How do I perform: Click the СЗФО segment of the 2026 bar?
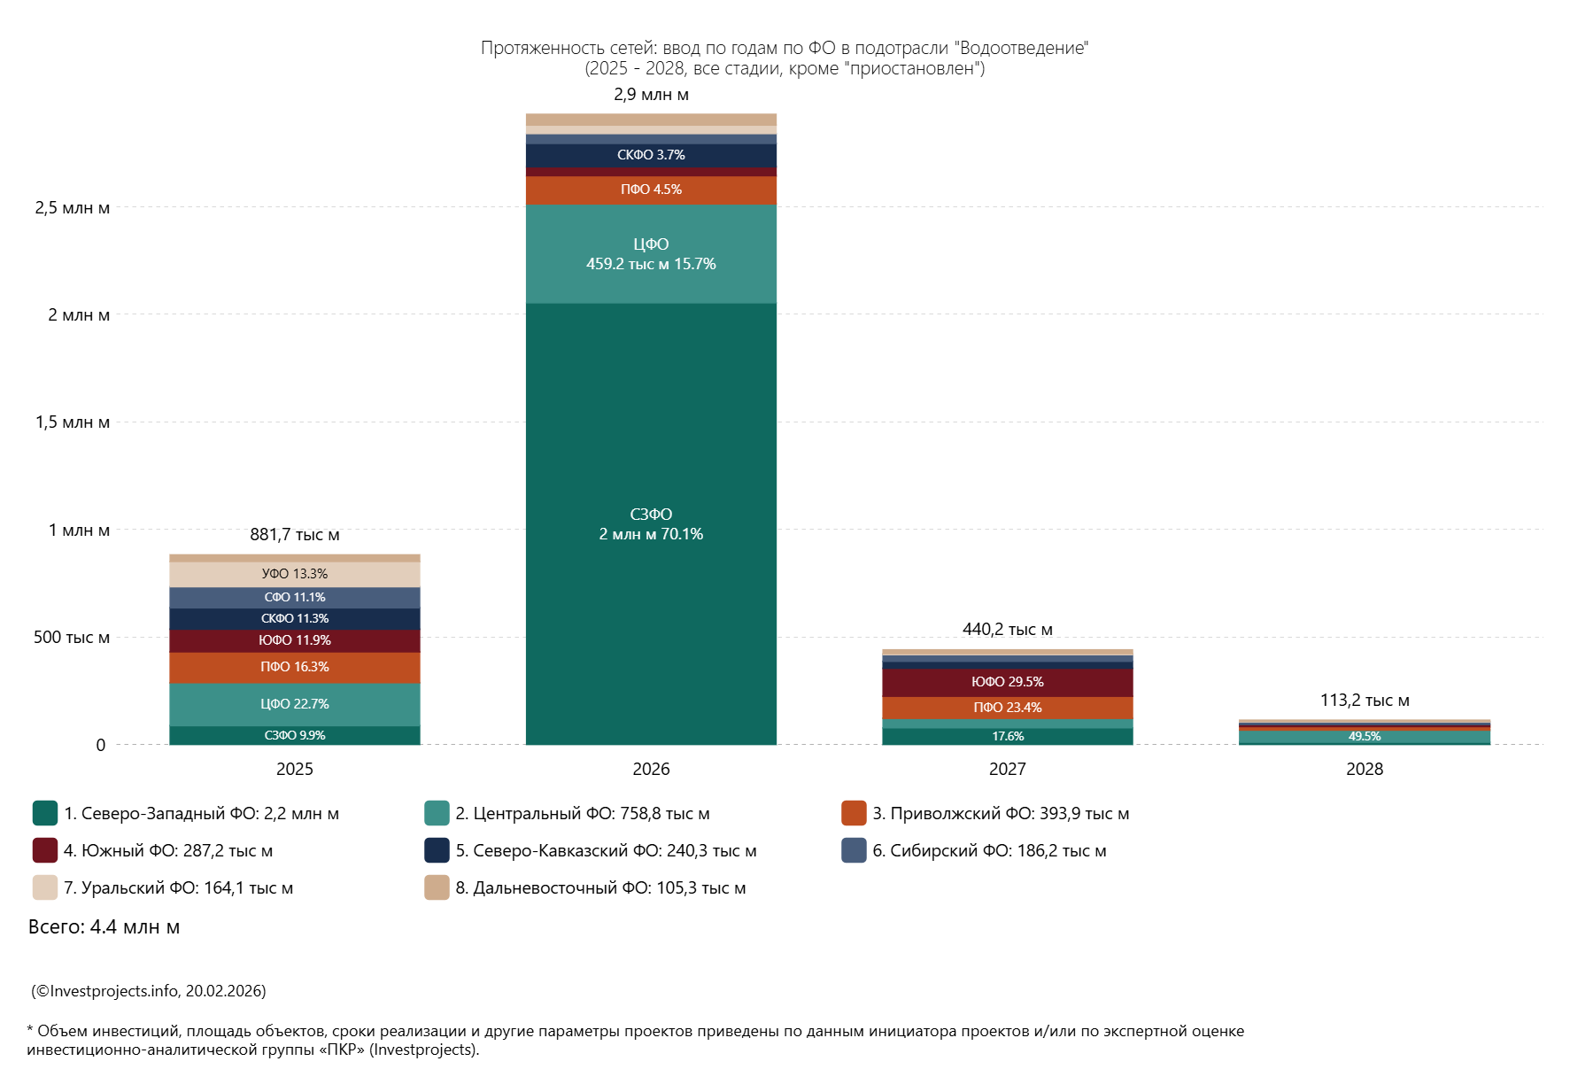click(x=651, y=523)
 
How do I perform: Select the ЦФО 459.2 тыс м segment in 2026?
click(x=651, y=254)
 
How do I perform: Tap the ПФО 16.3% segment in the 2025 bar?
click(x=295, y=667)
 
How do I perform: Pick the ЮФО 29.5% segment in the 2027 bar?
click(x=1007, y=682)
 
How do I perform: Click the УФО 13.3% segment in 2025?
click(x=295, y=574)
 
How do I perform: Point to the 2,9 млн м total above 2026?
click(x=651, y=95)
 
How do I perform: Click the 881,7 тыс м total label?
click(x=295, y=535)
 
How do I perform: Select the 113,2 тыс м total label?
click(x=1365, y=701)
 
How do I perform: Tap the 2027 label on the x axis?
click(x=1007, y=769)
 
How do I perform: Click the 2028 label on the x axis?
click(x=1365, y=769)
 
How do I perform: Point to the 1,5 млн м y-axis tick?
click(x=73, y=422)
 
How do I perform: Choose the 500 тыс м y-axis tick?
click(x=72, y=638)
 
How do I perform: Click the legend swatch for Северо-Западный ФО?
click(x=45, y=813)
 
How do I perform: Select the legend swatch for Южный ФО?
click(x=45, y=850)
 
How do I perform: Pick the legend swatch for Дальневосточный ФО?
click(x=437, y=887)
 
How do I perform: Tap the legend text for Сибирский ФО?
click(x=989, y=851)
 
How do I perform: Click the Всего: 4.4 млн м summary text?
click(x=104, y=927)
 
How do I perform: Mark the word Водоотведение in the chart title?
click(x=1024, y=48)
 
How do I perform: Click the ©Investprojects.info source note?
click(x=149, y=991)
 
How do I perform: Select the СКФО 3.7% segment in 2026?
click(x=651, y=155)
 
